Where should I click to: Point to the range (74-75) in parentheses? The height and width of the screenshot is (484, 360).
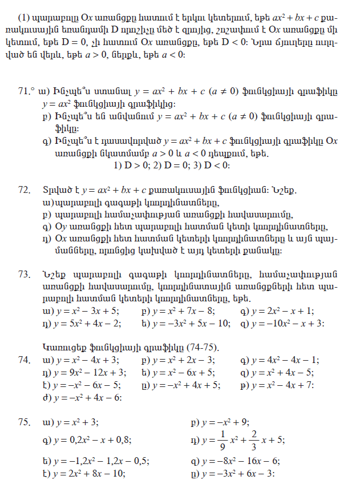(203, 348)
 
